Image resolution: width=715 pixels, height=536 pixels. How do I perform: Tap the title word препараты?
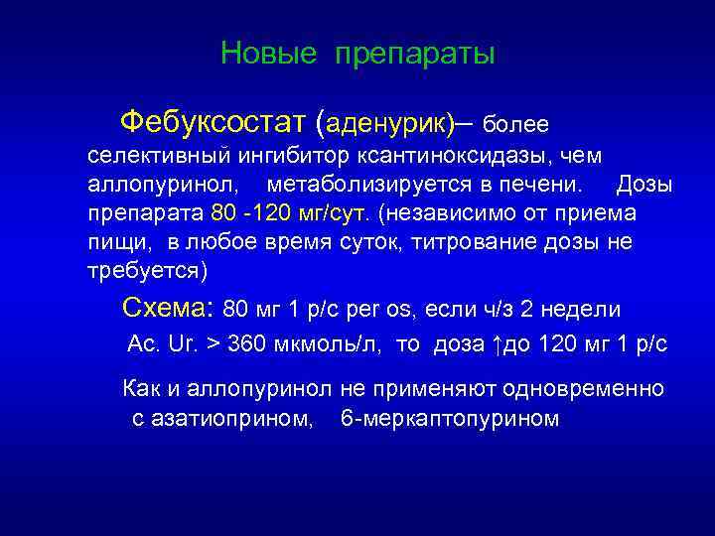click(414, 54)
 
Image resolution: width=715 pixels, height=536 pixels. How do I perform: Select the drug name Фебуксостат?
click(213, 123)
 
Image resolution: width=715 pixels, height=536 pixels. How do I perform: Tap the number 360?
click(247, 344)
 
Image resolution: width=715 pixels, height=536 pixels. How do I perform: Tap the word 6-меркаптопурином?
click(450, 419)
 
